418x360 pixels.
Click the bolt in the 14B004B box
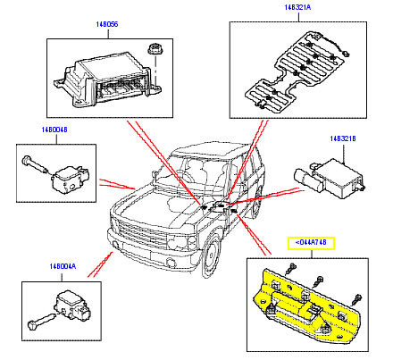coord(33,166)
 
